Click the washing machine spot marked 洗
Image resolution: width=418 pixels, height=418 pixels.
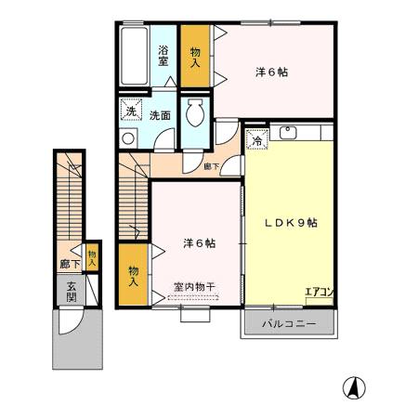tap(132, 113)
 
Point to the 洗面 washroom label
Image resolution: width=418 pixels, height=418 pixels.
tap(160, 115)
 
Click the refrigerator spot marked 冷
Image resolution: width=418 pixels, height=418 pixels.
tap(257, 142)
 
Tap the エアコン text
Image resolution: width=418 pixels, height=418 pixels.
tap(320, 293)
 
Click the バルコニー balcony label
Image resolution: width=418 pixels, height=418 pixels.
tap(289, 324)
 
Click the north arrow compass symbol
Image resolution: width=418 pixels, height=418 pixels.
tap(354, 385)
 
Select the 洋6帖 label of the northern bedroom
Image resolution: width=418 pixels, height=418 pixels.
tap(270, 71)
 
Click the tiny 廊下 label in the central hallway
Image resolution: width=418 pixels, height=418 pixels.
tap(212, 166)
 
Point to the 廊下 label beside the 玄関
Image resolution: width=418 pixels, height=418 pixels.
tap(71, 265)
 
